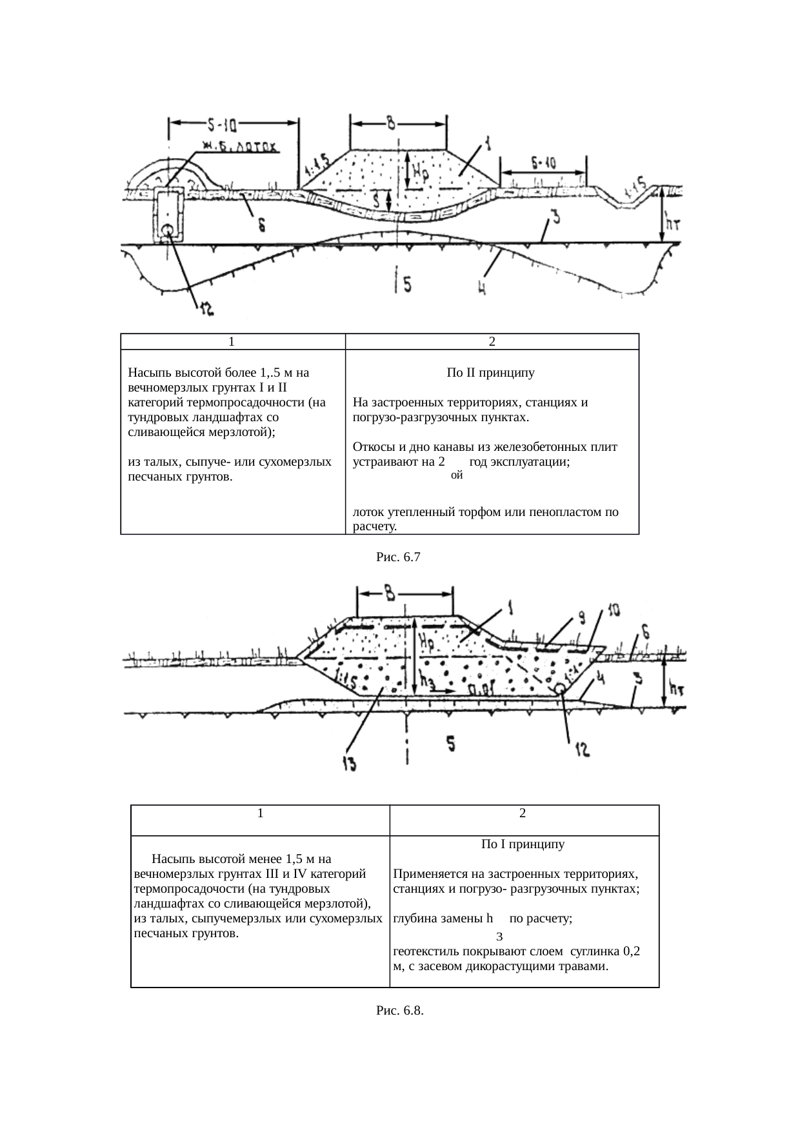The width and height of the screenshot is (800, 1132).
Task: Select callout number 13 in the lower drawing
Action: click(348, 764)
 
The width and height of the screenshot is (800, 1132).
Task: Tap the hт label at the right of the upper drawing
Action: click(675, 224)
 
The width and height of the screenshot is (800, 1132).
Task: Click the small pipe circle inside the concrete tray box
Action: click(167, 229)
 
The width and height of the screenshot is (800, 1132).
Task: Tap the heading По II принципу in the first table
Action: click(490, 373)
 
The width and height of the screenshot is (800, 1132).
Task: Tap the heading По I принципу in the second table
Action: click(523, 844)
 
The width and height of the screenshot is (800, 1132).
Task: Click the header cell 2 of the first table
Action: click(492, 341)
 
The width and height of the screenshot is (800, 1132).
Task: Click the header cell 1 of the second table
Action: click(259, 813)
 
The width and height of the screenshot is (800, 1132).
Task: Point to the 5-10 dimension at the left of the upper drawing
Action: click(226, 123)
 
